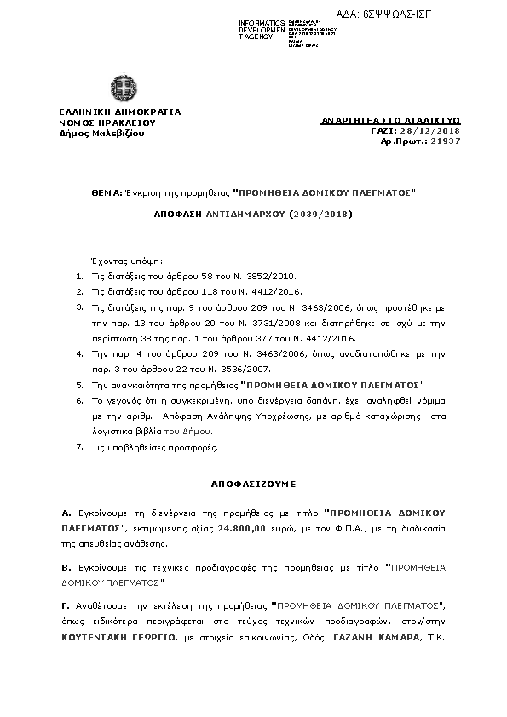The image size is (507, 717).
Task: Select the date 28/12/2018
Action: click(436, 130)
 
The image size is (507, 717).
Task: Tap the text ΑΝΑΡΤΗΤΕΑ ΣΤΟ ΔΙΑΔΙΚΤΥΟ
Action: click(391, 121)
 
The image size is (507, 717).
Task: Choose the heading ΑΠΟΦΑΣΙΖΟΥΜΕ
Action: click(253, 483)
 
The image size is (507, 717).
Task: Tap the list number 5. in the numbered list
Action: click(79, 386)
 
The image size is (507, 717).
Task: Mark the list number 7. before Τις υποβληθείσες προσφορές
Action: click(79, 446)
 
